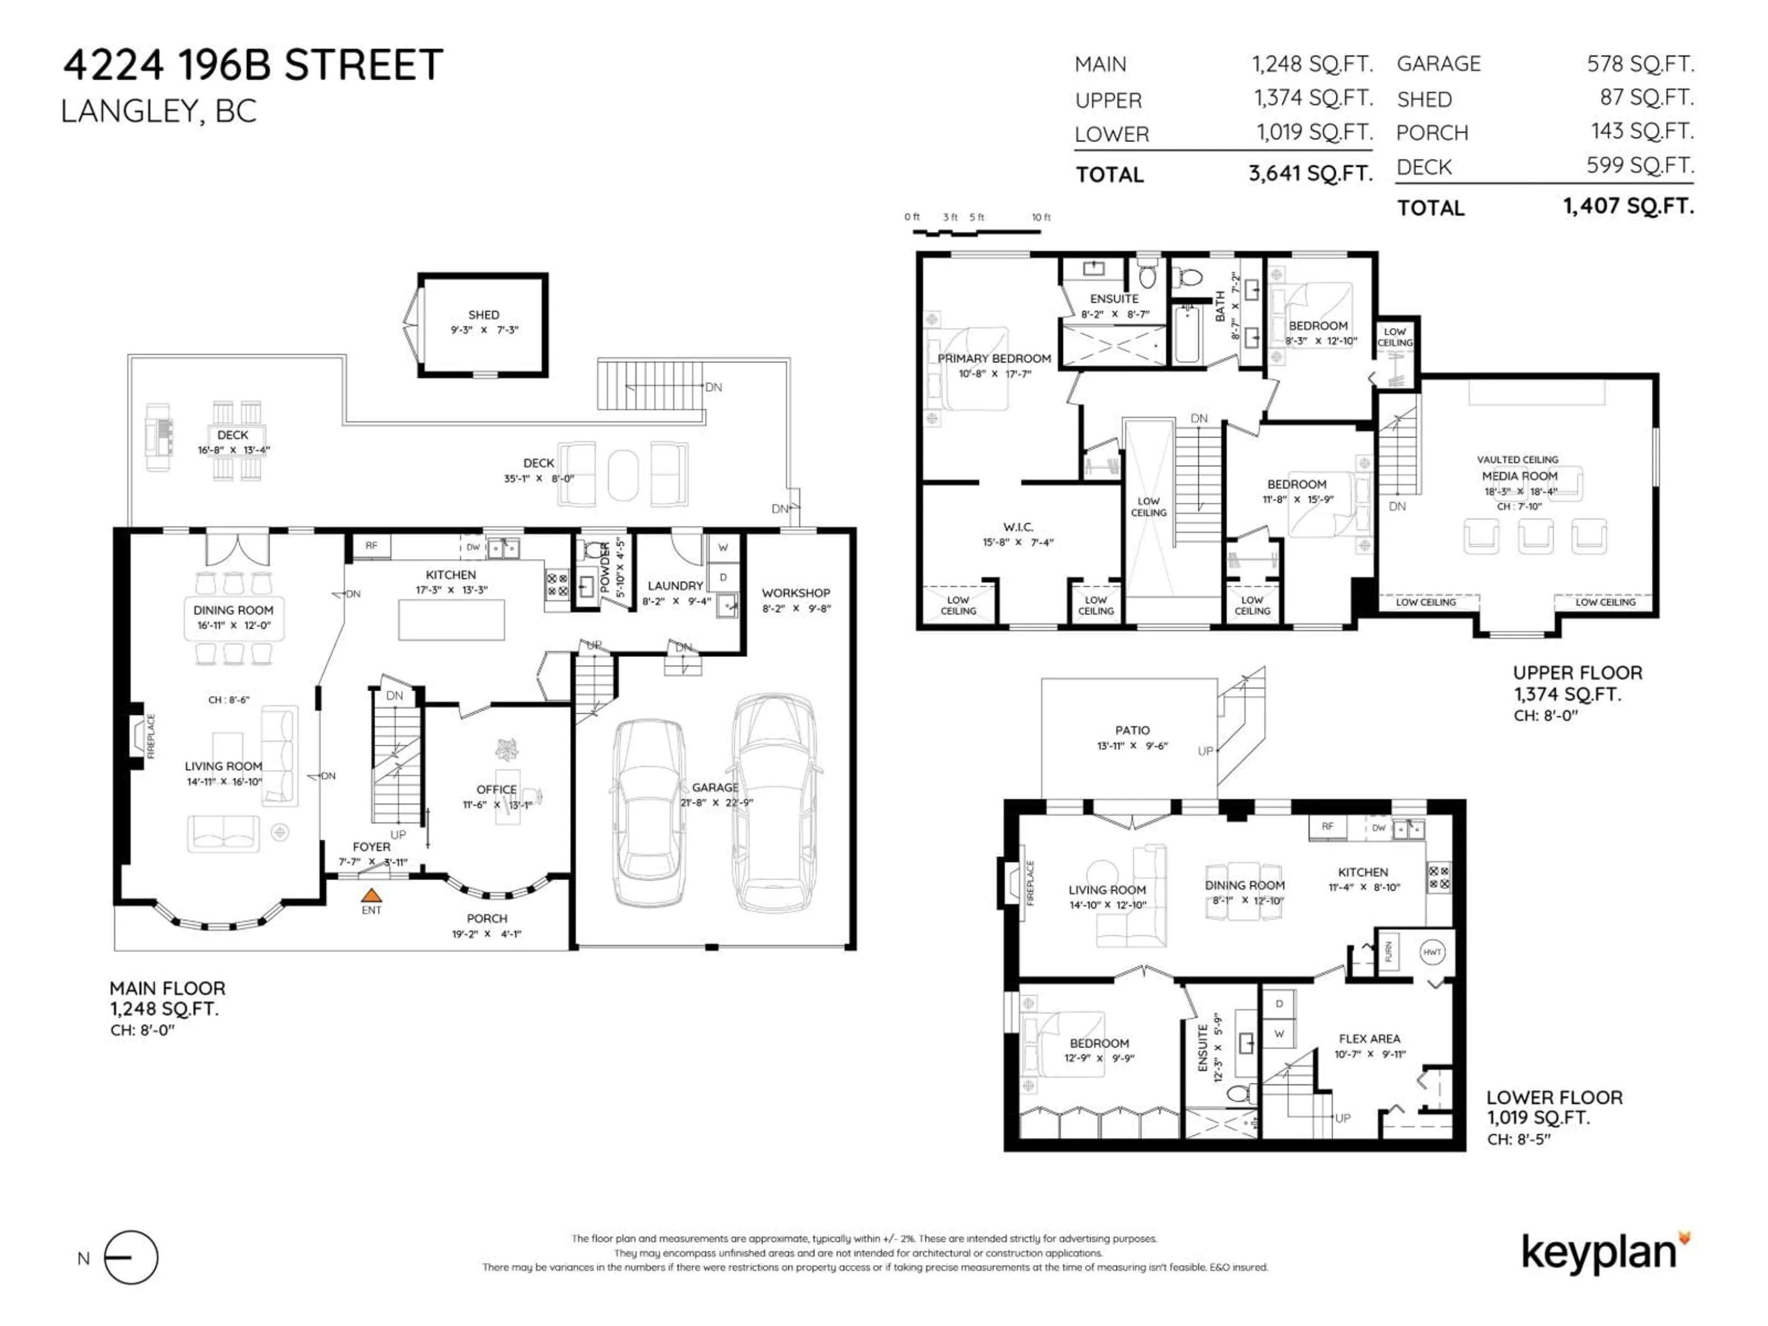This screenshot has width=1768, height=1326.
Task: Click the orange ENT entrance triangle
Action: point(371,895)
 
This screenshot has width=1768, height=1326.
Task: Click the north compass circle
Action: point(132,1257)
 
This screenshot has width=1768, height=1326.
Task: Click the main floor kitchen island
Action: point(452,619)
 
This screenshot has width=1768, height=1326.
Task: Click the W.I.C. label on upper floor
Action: point(1018,527)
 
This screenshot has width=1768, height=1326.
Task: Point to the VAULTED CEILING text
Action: point(1517,459)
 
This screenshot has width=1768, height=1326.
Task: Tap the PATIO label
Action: point(1133,730)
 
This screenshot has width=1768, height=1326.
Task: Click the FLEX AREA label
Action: point(1369,1038)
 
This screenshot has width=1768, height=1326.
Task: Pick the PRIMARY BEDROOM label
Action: point(994,359)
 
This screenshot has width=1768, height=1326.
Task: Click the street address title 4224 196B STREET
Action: point(253,65)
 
